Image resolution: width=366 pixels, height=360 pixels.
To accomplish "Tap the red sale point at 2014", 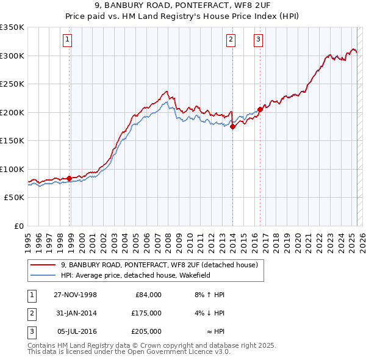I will [233, 127].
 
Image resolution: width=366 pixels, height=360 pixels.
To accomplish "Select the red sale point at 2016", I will [259, 110].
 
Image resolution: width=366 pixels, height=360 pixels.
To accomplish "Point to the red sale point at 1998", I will [70, 179].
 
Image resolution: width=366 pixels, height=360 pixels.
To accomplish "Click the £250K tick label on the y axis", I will [12, 84].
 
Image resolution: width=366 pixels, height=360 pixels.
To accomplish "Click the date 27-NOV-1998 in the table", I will [75, 295].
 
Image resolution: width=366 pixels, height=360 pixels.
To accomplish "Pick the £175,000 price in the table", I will [146, 313].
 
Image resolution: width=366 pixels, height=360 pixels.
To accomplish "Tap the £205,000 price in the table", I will [146, 331].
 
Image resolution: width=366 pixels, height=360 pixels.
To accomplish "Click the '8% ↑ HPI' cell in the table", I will [209, 295].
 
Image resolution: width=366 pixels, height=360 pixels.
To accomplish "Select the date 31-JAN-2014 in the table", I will [75, 313].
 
